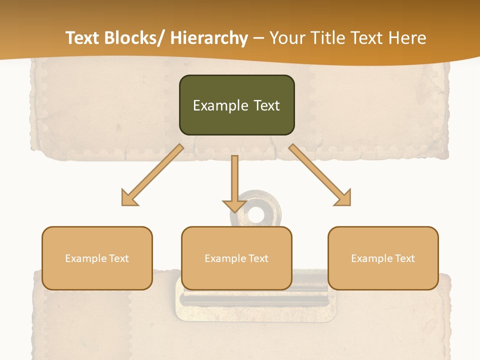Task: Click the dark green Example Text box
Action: click(236, 105)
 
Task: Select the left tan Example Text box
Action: click(97, 258)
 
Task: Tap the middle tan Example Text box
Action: click(236, 258)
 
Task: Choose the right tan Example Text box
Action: click(383, 258)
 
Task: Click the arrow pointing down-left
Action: click(152, 175)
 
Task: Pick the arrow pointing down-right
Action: click(320, 175)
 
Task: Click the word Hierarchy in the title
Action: click(209, 38)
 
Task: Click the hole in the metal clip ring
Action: click(256, 215)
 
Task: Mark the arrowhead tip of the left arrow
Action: click(122, 205)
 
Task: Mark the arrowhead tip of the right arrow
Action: click(350, 205)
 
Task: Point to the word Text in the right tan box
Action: click(404, 258)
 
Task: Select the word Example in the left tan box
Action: click(86, 258)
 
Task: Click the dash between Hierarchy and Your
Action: click(258, 38)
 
